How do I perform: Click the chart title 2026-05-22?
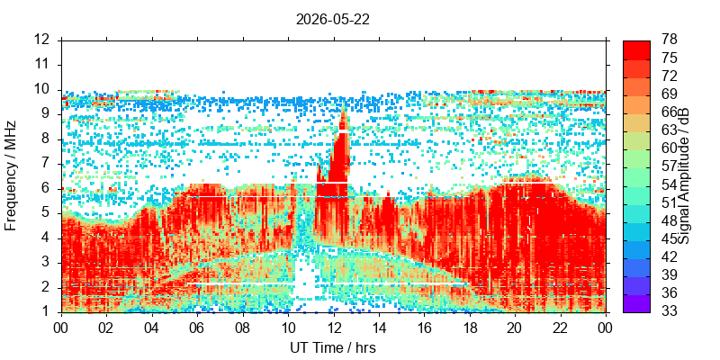[333, 19]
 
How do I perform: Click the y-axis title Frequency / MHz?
[10, 175]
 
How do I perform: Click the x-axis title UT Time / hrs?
[333, 347]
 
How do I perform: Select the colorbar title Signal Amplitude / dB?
[684, 175]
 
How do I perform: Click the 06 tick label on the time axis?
[197, 328]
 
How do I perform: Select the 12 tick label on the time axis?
[334, 328]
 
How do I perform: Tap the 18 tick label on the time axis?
[470, 328]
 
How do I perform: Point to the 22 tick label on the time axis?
[561, 328]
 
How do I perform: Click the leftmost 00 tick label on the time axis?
[61, 328]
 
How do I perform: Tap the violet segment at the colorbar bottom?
[636, 303]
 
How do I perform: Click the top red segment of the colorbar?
[636, 50]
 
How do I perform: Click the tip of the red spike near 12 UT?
[343, 104]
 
